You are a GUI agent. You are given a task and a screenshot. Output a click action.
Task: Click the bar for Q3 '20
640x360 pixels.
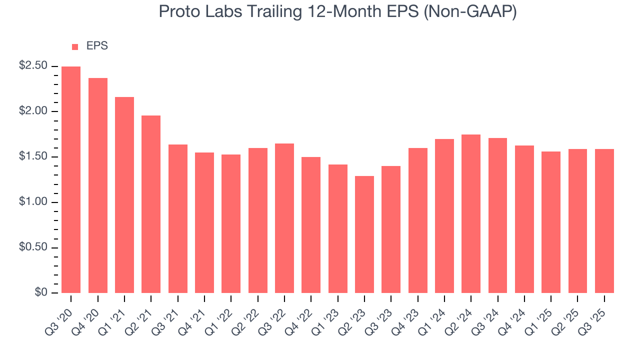[x=71, y=179]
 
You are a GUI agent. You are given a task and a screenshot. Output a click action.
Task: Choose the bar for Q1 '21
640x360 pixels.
[x=124, y=194]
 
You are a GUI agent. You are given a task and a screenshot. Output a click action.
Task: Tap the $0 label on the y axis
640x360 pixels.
[x=41, y=293]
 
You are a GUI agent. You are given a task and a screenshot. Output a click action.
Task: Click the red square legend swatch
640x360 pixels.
[x=75, y=46]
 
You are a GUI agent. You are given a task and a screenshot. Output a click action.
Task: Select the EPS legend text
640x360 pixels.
[x=97, y=46]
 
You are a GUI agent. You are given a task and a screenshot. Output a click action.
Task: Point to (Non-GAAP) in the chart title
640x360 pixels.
[x=470, y=12]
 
